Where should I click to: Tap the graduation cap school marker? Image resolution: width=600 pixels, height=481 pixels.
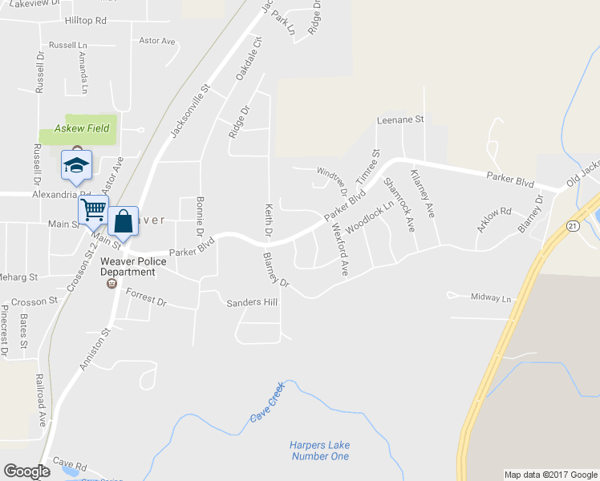coord(76,165)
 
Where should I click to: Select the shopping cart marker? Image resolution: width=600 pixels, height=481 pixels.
coord(94,210)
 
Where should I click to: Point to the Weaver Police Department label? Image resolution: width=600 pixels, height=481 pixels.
coord(134,267)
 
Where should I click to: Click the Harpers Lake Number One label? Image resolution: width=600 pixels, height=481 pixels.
coord(319,451)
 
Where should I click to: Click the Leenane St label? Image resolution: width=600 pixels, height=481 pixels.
coord(400,120)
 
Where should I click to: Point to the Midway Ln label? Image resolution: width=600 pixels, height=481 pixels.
coord(491,298)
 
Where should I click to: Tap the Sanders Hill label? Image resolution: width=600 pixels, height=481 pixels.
coord(252,303)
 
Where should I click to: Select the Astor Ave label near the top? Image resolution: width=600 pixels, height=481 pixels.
coord(157,41)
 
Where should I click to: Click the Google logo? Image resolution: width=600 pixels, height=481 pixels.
coord(26,471)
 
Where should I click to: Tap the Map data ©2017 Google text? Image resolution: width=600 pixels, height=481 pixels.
coord(550,475)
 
